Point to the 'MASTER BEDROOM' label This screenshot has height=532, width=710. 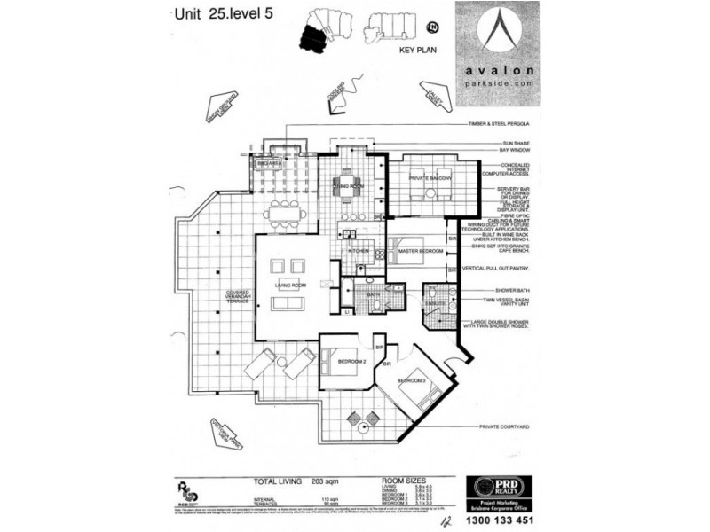420,252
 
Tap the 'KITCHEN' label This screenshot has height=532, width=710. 359,252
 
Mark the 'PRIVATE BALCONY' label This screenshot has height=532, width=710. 430,179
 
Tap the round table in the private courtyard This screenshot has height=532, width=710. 366,426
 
